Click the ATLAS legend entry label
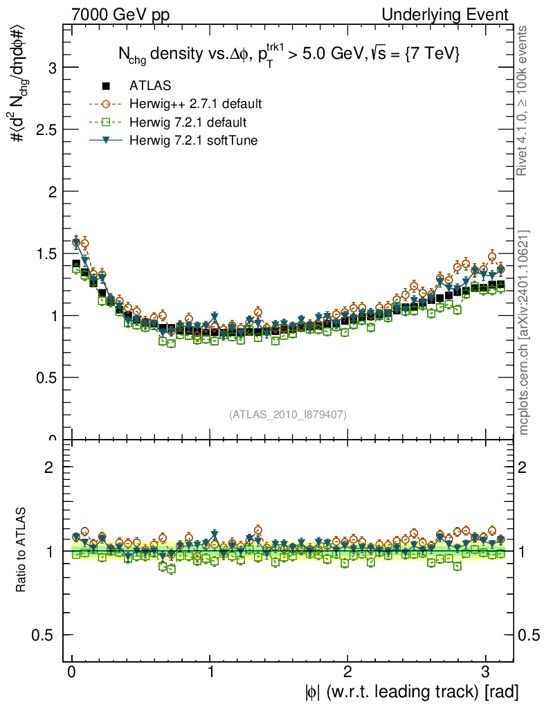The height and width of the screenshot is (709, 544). point(150,86)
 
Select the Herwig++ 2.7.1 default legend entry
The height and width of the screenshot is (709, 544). point(195,105)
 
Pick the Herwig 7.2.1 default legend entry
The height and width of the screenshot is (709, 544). point(188,123)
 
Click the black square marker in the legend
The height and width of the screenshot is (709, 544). point(106,86)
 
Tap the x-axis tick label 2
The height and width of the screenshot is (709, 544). point(348,672)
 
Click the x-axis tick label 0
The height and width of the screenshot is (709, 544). point(72,672)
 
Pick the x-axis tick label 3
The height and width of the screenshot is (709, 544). point(486,672)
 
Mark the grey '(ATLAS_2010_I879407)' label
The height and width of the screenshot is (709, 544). point(288,414)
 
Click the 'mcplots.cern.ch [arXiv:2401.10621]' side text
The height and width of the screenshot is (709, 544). point(525,332)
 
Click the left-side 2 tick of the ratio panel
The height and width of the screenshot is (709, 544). point(50,467)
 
